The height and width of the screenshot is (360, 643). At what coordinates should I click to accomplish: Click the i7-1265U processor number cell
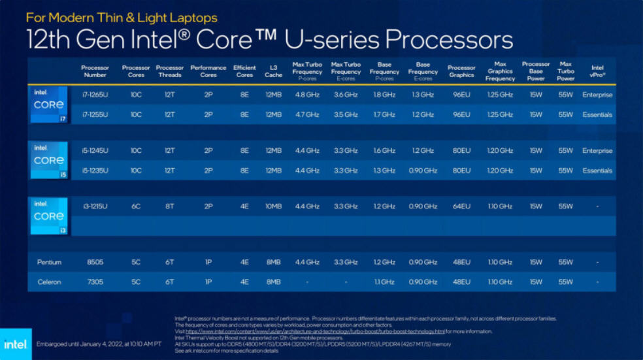[x=95, y=95]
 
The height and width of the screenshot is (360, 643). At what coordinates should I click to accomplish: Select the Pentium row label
[x=49, y=262]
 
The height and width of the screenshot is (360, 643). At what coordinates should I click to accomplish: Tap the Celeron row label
[x=49, y=282]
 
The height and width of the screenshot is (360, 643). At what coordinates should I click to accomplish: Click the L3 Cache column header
[x=273, y=71]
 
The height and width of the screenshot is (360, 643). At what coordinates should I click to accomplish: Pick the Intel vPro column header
[x=597, y=71]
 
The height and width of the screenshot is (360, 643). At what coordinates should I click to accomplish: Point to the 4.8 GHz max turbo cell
[x=307, y=95]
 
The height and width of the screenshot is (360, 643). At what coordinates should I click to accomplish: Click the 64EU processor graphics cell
[x=461, y=206]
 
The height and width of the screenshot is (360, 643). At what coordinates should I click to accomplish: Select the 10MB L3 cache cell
[x=273, y=206]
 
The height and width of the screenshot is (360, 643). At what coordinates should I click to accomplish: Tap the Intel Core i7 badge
[x=49, y=105]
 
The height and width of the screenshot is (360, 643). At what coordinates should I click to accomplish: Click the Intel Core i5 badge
[x=49, y=160]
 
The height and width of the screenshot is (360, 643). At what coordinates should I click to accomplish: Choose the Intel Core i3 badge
[x=49, y=216]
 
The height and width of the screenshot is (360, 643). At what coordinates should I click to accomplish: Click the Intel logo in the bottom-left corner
[x=15, y=344]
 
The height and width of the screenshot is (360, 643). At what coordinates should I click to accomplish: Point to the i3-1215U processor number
[x=95, y=206]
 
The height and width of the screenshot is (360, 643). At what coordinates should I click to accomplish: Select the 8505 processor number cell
[x=95, y=262]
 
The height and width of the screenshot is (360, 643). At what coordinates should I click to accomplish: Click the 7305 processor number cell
[x=95, y=282]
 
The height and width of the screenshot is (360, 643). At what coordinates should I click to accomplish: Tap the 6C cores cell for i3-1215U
[x=136, y=206]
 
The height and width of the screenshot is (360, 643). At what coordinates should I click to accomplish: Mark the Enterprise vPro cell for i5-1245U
[x=597, y=151]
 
